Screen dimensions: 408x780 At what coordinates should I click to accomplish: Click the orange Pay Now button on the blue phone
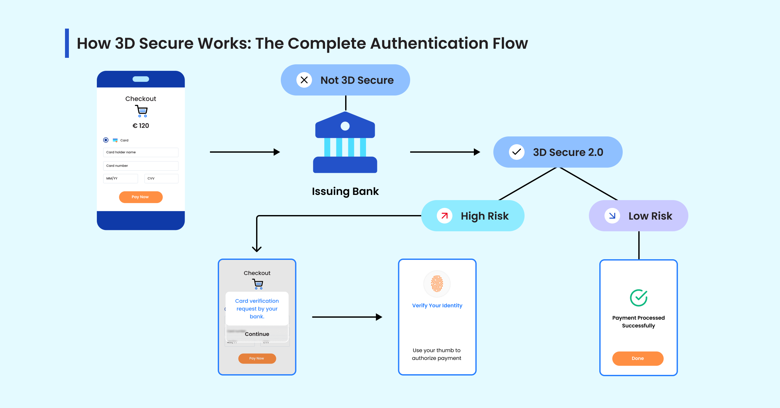(x=141, y=197)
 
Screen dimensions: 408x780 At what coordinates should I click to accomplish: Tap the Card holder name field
(x=141, y=152)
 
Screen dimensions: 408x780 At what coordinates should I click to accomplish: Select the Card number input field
(x=141, y=166)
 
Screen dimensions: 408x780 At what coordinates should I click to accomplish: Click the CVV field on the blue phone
(x=161, y=178)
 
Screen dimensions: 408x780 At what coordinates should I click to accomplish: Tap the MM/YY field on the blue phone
(x=121, y=178)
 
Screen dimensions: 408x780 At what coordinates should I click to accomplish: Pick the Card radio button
(x=106, y=140)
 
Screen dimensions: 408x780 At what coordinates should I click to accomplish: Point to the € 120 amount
(x=141, y=126)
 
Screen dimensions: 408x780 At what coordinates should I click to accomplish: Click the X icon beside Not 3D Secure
(x=304, y=80)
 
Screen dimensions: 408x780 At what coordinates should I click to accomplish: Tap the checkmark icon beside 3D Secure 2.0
(x=516, y=152)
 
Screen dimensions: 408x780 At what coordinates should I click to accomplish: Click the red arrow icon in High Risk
(x=445, y=216)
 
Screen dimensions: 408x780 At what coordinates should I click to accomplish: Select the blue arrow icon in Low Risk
(x=612, y=216)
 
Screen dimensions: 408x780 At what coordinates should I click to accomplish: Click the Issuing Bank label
(x=345, y=191)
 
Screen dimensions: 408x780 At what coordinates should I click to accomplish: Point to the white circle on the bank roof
(x=345, y=126)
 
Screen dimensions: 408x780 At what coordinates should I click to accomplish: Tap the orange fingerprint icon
(x=437, y=284)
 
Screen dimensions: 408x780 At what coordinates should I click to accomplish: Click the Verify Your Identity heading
(x=437, y=305)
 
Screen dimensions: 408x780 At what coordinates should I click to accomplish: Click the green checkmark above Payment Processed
(x=639, y=298)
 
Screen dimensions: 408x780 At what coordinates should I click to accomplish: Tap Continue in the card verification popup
(x=257, y=334)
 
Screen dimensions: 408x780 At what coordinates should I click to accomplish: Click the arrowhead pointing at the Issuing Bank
(x=277, y=152)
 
